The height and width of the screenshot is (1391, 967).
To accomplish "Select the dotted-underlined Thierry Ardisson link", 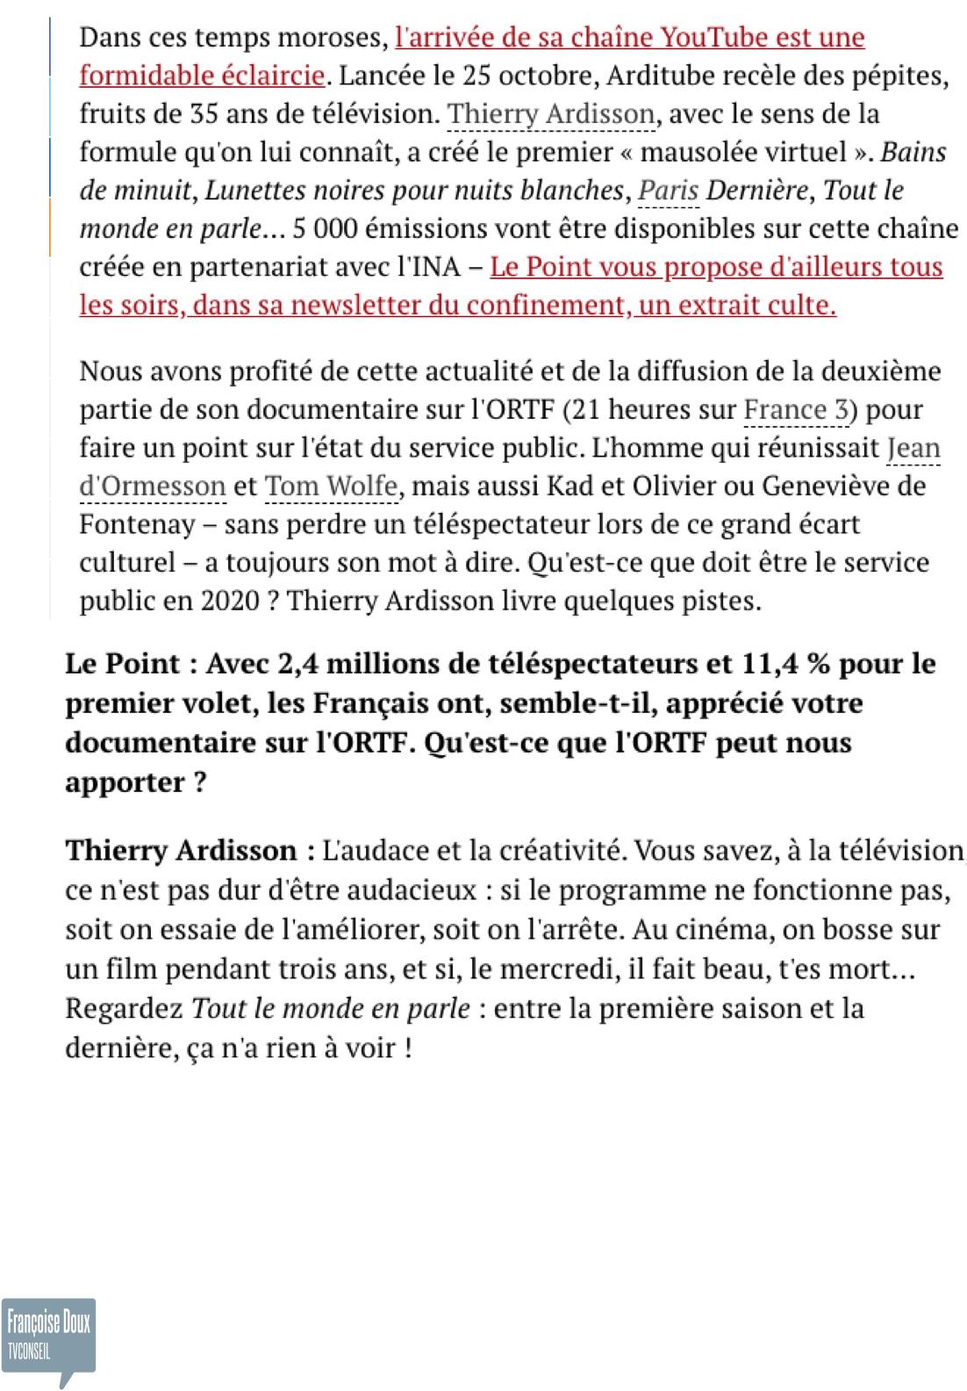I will pos(551,114).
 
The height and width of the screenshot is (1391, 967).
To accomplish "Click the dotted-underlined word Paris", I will pos(669,191).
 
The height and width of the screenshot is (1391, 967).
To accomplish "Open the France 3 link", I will pos(799,409).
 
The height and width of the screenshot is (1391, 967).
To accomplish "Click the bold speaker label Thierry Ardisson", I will pos(182,851).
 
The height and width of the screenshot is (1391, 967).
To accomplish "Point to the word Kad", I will pos(569,486).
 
